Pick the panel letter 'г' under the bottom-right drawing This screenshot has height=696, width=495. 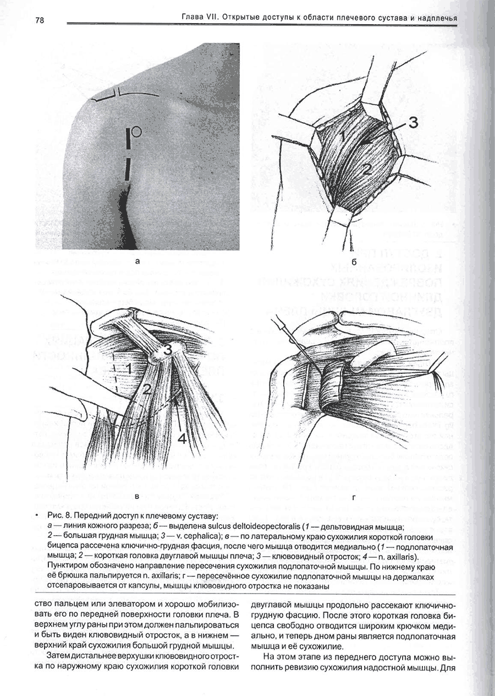pyautogui.click(x=353, y=497)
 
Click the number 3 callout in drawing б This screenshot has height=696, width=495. pyautogui.click(x=413, y=124)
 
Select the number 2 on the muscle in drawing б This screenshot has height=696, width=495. pyautogui.click(x=367, y=170)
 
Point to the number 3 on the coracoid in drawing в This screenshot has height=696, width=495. pyautogui.click(x=168, y=349)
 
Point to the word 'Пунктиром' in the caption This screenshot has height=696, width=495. pyautogui.click(x=68, y=566)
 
